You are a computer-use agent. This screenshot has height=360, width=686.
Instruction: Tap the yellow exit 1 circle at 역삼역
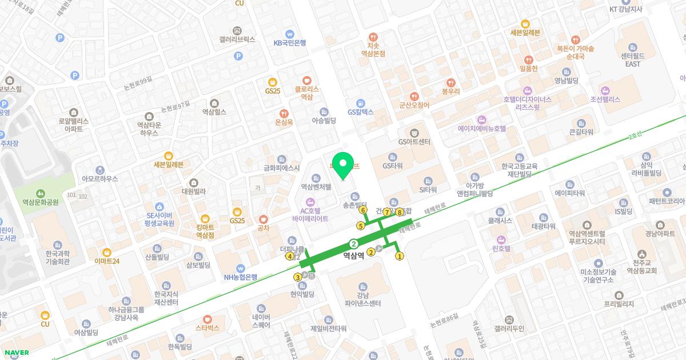[400, 256]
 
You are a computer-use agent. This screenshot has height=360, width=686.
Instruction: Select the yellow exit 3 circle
[297, 278]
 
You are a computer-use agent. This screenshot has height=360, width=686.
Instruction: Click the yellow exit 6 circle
[363, 210]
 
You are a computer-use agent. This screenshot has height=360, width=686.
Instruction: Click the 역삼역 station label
[353, 257]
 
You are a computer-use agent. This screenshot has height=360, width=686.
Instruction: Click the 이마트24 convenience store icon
[107, 251]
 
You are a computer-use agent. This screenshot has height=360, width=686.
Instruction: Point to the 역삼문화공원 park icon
[41, 193]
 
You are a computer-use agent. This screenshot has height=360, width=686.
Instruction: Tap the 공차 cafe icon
[264, 219]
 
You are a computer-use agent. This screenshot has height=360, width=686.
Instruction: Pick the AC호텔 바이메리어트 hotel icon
[310, 201]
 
